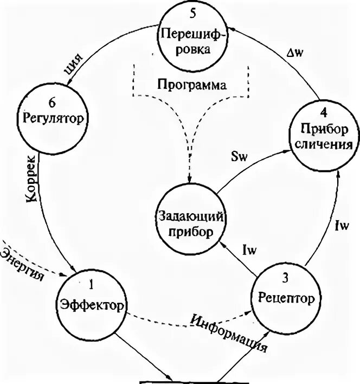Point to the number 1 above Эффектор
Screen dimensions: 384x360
coord(92,283)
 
